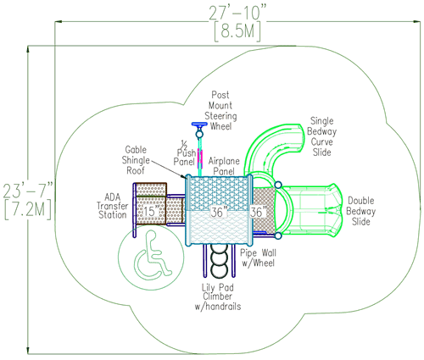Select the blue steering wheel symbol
[x=201, y=128]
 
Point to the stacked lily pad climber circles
[x=220, y=258]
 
